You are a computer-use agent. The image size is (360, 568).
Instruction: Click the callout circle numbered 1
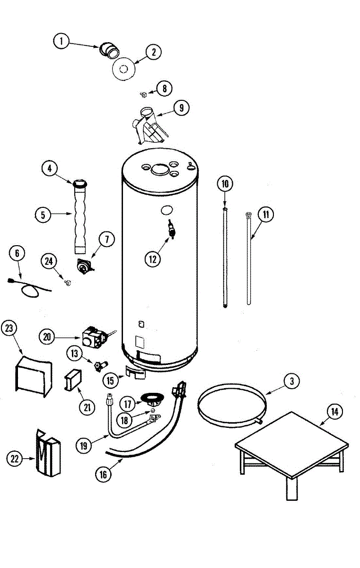click(60, 42)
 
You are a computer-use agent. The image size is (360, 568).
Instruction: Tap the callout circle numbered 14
click(334, 412)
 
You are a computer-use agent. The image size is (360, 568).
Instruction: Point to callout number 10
click(225, 184)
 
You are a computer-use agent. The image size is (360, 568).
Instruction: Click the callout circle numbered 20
click(46, 337)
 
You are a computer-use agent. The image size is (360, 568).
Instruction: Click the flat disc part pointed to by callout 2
click(123, 69)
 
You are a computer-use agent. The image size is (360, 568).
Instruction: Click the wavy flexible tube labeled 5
click(79, 215)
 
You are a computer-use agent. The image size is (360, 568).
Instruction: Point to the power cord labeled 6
click(28, 288)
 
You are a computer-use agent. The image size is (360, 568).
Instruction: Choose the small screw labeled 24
click(68, 282)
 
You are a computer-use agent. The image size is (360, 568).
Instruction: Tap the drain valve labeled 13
click(100, 365)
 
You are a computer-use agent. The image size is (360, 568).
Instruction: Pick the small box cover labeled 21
click(72, 379)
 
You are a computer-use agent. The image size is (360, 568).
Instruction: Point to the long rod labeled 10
click(225, 256)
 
